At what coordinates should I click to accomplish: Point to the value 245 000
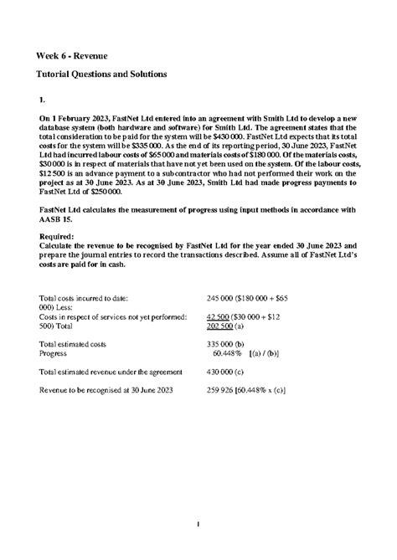point(220,298)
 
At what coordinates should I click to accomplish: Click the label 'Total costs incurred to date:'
point(84,298)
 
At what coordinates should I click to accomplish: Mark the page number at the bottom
point(198,526)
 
